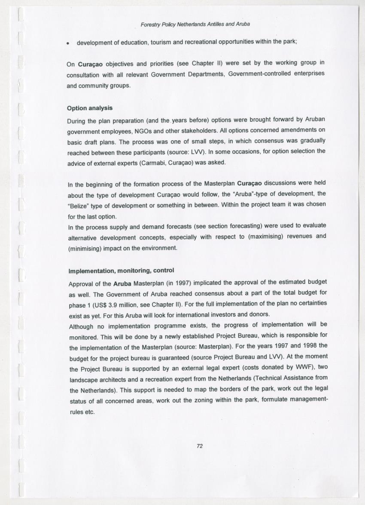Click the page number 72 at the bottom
click(199, 446)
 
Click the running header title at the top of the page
click(195, 25)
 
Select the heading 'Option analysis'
click(90, 108)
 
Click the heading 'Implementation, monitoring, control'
click(121, 271)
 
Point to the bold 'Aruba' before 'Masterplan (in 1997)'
click(122, 284)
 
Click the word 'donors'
click(259, 314)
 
